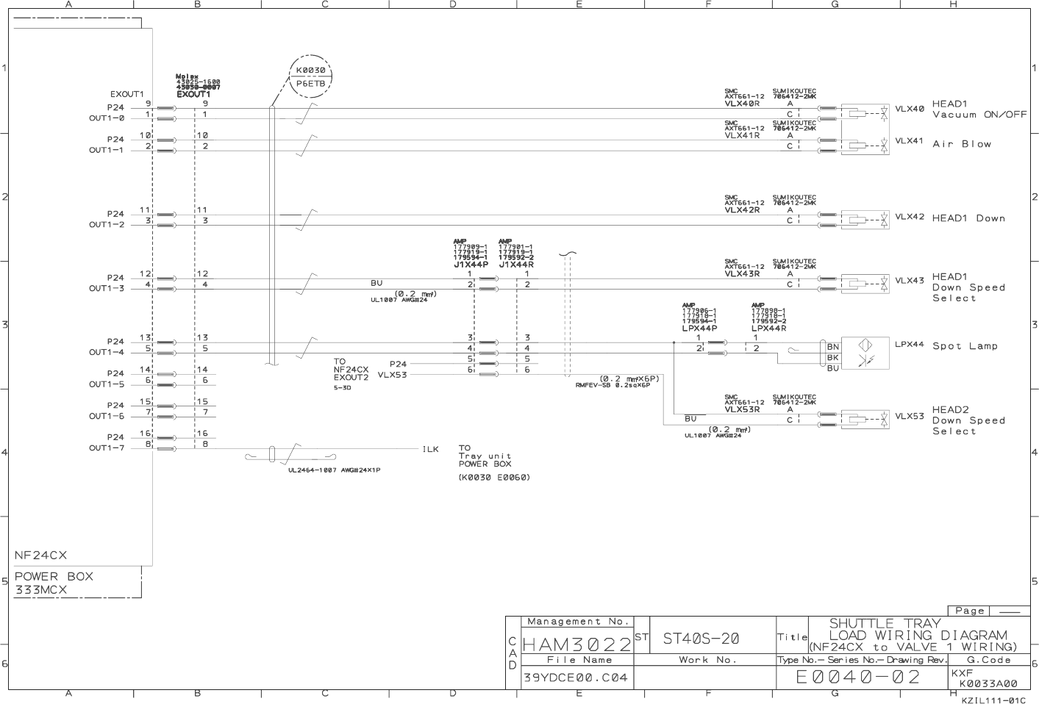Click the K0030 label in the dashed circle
tap(310, 71)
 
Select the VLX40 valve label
tap(909, 109)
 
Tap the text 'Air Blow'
tap(962, 144)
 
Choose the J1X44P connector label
tap(471, 265)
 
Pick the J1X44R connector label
tap(515, 265)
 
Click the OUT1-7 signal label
tap(107, 448)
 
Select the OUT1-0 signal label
tap(107, 118)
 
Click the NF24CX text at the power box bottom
tap(40, 555)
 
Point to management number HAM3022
tap(576, 644)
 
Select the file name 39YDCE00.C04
tap(576, 678)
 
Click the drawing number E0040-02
tap(857, 677)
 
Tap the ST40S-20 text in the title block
tap(701, 639)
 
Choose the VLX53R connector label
tap(742, 409)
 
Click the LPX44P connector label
tap(699, 328)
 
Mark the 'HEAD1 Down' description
tap(968, 218)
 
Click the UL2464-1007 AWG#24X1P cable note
tap(335, 470)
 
